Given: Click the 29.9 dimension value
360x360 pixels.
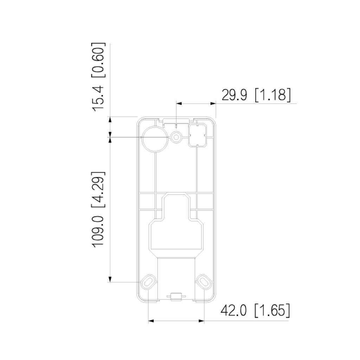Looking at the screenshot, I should click(234, 95).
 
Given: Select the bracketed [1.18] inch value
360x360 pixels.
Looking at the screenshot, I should click(273, 95).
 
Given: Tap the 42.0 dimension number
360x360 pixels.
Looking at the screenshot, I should click(234, 311).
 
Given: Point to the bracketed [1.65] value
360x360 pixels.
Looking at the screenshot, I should click(272, 311).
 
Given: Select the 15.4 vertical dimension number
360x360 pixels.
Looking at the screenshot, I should click(98, 97).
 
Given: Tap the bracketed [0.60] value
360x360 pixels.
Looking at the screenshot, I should click(98, 60).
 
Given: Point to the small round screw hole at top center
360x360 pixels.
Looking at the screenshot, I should click(176, 137).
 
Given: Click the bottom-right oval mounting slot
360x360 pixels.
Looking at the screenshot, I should click(204, 281).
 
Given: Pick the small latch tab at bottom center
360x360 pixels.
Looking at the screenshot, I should click(176, 297).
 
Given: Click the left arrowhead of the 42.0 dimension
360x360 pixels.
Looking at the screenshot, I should click(151, 321).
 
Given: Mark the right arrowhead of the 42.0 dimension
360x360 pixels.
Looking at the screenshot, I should click(201, 321).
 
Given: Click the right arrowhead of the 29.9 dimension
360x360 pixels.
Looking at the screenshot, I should click(213, 103).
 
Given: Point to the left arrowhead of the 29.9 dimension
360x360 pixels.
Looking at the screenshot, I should click(179, 103).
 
